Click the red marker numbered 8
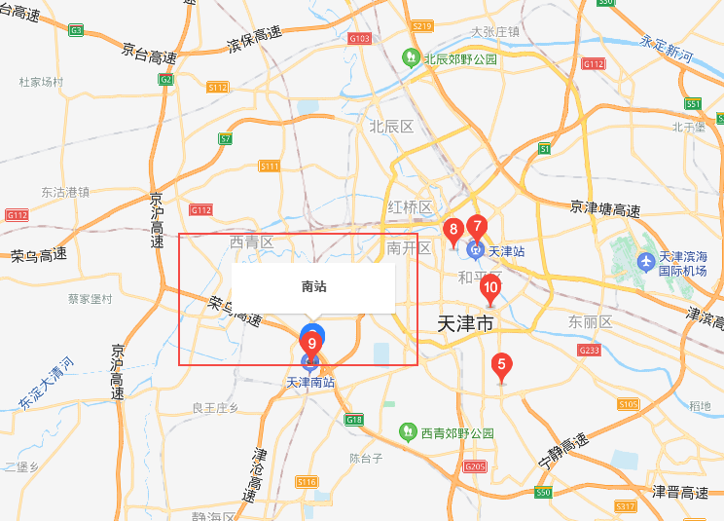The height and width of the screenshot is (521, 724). click(x=452, y=231)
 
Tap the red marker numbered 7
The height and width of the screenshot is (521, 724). click(x=477, y=227)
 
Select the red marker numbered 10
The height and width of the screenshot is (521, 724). click(x=490, y=287)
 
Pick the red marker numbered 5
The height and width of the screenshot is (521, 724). click(x=501, y=366)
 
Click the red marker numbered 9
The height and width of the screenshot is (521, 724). click(x=311, y=343)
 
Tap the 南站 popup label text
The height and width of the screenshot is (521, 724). click(x=313, y=287)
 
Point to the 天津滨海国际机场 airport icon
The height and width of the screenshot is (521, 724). click(x=644, y=262)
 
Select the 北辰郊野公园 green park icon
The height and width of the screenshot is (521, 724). click(x=412, y=58)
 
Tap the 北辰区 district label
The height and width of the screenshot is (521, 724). click(x=391, y=127)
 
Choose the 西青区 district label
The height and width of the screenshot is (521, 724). click(x=252, y=242)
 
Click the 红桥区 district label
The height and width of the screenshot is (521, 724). click(x=410, y=206)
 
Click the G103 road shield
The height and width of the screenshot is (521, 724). click(x=359, y=39)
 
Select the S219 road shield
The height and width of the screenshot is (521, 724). click(x=421, y=25)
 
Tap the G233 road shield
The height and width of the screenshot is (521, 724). click(x=589, y=349)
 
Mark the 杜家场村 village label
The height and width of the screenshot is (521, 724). click(x=41, y=82)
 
